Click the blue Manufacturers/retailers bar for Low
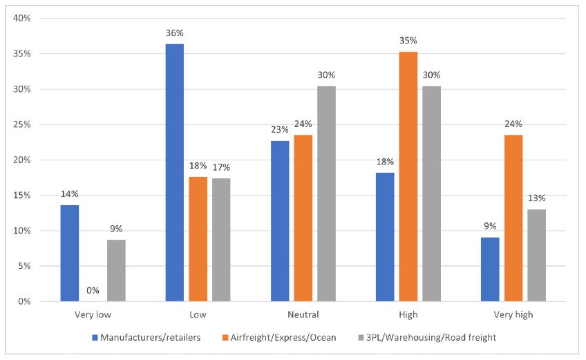[175, 173]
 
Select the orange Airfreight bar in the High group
[408, 177]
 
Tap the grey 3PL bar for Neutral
[326, 193]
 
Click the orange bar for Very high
[513, 218]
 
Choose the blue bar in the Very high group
[490, 269]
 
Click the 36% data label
[175, 33]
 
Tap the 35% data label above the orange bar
[408, 41]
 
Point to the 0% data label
[93, 291]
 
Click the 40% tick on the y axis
[23, 18]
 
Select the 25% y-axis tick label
[23, 124]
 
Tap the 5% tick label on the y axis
[25, 266]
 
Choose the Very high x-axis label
[513, 315]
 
